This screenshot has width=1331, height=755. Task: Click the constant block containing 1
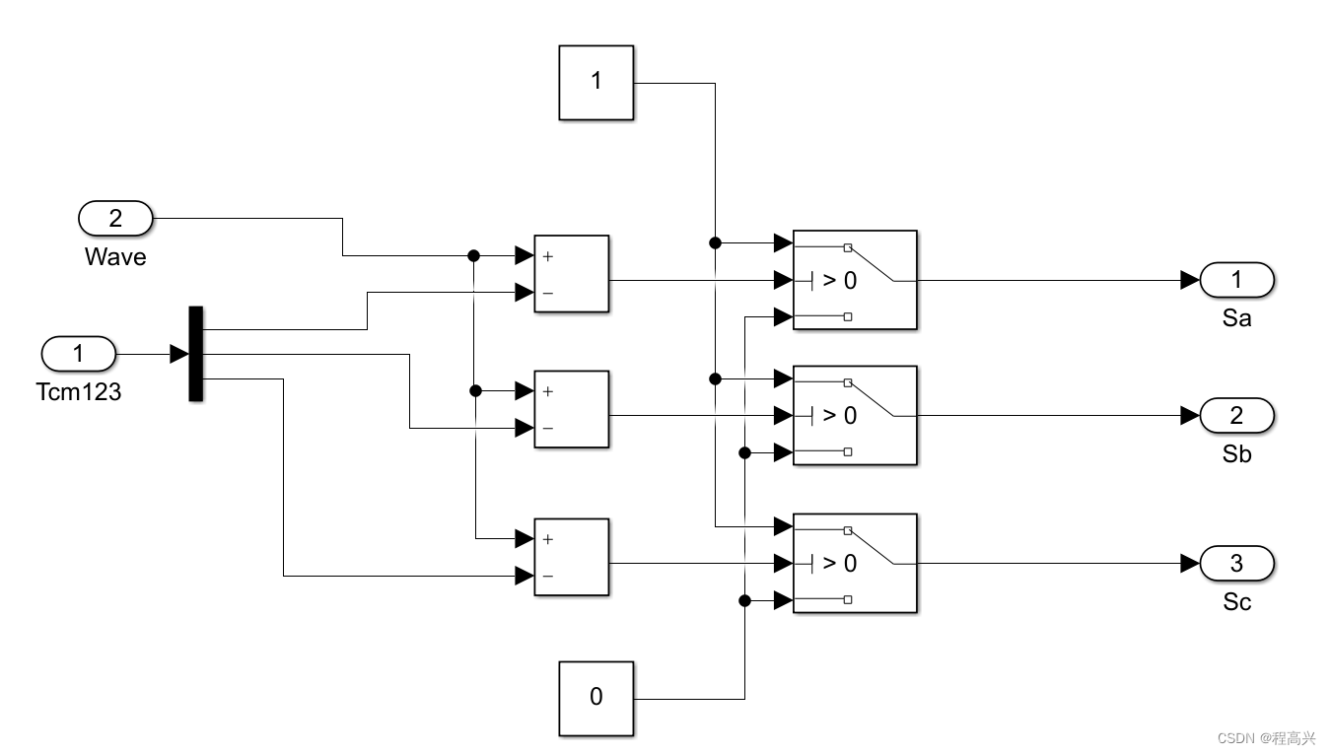pos(595,82)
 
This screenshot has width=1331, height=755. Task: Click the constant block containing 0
pos(595,698)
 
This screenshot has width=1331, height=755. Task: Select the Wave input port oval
pos(115,218)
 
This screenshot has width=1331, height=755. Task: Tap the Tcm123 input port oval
pos(79,353)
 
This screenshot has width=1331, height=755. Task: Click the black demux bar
pos(195,354)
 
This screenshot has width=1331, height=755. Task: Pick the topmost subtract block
pos(571,274)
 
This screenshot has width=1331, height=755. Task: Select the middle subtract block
pos(571,409)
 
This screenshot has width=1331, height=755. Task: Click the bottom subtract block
pos(571,557)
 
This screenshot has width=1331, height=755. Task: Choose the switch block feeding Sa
pos(855,280)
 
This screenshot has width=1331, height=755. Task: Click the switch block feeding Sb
pos(855,415)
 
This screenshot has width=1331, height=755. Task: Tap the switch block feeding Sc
pos(855,563)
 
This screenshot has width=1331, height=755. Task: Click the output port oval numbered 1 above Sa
pos(1237,280)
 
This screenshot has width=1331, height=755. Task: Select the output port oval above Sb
pos(1237,415)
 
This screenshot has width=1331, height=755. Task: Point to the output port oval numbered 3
pos(1237,563)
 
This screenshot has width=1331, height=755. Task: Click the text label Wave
pos(115,257)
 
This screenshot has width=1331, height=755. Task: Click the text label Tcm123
pos(78,392)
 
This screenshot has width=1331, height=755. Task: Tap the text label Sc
pos(1236,602)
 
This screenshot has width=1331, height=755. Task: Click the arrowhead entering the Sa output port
pos(1190,280)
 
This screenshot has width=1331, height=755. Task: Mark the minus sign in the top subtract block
pos(548,294)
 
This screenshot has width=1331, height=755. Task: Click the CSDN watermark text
pos(1266,738)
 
